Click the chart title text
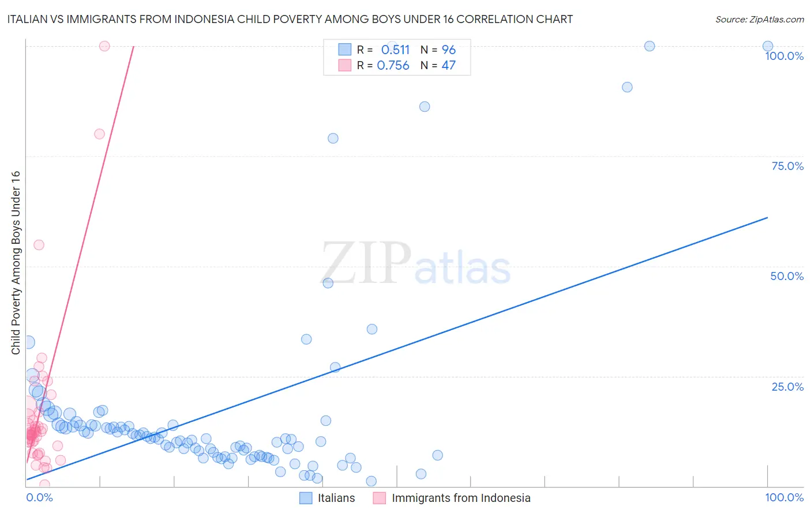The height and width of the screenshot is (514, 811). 290,19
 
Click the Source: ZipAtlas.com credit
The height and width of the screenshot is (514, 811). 759,19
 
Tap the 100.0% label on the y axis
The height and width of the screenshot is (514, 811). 784,56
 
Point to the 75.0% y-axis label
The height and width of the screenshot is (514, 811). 787,166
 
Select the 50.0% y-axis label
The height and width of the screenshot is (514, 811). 787,276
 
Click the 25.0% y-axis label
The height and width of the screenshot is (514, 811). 787,387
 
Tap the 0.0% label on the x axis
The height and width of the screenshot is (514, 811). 40,497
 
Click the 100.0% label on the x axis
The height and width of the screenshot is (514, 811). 784,497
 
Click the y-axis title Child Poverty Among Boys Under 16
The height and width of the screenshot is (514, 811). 16,263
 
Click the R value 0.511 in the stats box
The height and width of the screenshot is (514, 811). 395,50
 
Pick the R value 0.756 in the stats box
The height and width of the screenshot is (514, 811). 393,66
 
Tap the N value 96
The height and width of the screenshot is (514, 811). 449,50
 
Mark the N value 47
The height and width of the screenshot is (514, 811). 449,66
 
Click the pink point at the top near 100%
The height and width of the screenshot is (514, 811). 104,46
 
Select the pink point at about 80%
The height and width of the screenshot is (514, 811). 99,134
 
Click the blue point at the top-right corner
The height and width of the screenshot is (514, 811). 768,46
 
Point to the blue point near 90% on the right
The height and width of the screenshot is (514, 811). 627,87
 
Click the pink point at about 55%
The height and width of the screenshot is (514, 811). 39,245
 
